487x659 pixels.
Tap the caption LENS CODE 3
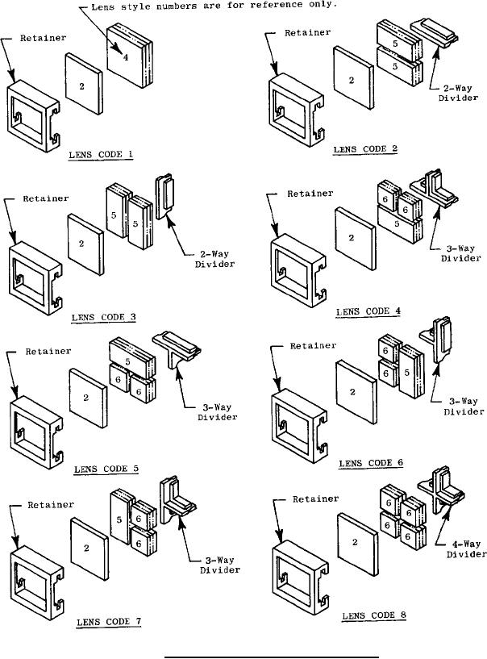[102, 317]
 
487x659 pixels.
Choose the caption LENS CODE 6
[373, 463]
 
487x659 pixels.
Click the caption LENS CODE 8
[375, 615]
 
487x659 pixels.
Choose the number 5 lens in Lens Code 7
[119, 518]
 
